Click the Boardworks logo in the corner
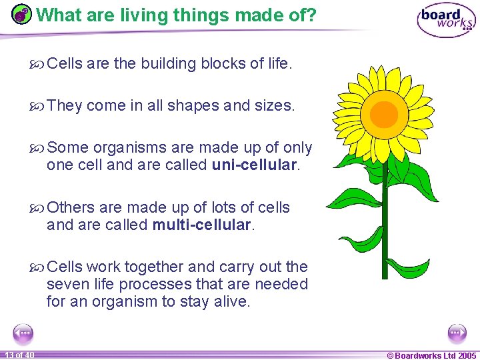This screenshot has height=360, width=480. point(446,21)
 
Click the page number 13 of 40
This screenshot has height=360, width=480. point(18,355)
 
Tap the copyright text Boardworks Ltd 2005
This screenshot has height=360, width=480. point(432,355)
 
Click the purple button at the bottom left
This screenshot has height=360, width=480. point(23,333)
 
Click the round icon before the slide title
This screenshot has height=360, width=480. point(22,14)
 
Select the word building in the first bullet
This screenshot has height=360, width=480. point(169,63)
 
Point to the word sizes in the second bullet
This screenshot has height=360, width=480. point(273,105)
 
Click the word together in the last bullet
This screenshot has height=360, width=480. point(155,267)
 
